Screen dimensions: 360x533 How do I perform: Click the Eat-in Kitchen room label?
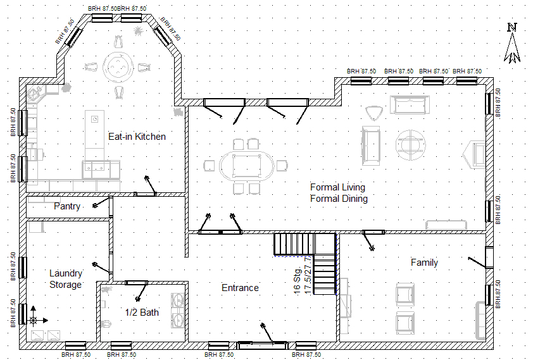(x=137, y=136)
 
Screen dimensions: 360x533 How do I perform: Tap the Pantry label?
(x=66, y=206)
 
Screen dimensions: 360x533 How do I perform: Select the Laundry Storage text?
(x=66, y=279)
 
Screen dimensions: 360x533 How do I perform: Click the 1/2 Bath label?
(x=142, y=312)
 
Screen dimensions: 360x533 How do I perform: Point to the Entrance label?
(x=240, y=288)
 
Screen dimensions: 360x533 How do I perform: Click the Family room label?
(x=424, y=263)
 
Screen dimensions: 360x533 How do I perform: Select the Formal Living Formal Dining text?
(x=339, y=193)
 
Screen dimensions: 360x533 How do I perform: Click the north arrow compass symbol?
(x=512, y=44)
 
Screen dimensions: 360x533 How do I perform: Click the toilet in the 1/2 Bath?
(x=106, y=323)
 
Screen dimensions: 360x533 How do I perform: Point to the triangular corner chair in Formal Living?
(x=373, y=113)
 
